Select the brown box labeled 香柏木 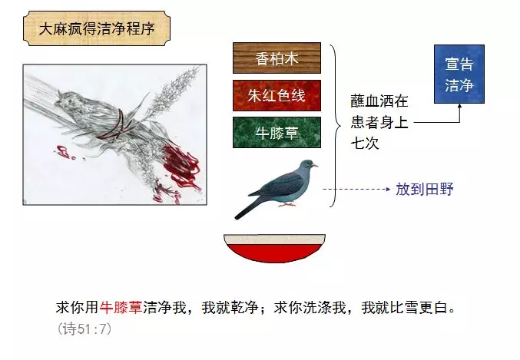(x=277, y=58)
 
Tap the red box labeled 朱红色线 (x=277, y=95)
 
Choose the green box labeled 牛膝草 (x=277, y=132)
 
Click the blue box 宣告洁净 (x=459, y=74)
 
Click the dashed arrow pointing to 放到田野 (x=357, y=188)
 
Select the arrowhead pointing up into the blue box (x=459, y=108)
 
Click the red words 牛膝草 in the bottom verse (x=121, y=308)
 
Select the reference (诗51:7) (x=84, y=329)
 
